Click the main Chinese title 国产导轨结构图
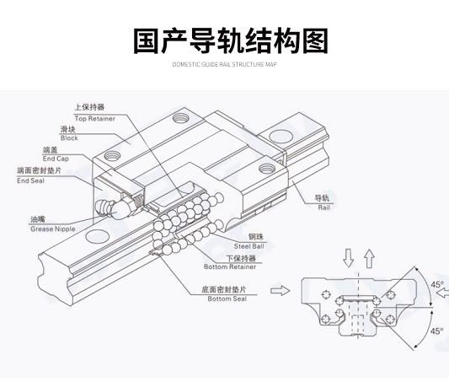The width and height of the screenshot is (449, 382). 231,41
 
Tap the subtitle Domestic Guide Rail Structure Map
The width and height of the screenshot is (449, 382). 224,64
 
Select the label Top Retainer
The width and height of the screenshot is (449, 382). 95,119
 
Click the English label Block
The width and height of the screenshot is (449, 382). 69,138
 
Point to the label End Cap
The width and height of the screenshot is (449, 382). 56,159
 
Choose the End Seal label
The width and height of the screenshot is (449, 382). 30,180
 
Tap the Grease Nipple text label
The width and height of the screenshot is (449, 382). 53,229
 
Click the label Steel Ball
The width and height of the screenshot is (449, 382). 249,246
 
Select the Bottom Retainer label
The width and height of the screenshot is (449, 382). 230,266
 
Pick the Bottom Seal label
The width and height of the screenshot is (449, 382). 227,299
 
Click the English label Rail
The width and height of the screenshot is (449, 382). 323,207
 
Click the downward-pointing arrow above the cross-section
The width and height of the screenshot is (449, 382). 348,258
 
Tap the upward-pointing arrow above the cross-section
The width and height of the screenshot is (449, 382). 370,259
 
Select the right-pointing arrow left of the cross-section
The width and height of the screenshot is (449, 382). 280,291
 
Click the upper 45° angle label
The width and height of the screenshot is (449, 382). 437,284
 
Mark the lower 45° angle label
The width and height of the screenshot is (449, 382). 437,331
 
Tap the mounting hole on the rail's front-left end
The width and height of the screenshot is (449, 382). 98,236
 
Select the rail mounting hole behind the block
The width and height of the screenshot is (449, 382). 281,136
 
